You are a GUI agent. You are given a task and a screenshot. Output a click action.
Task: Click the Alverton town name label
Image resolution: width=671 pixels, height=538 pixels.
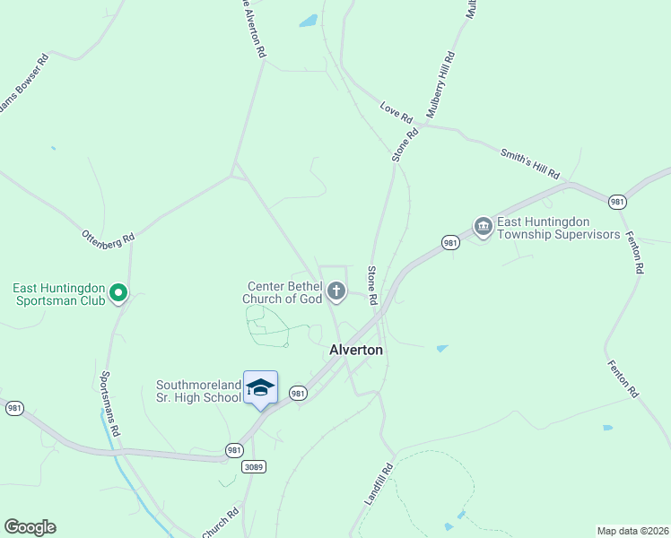tap(357, 350)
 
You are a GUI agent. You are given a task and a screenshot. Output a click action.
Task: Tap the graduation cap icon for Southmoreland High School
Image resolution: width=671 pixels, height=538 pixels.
tap(260, 387)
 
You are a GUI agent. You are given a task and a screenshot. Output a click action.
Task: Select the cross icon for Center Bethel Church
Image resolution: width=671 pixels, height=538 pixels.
tap(336, 290)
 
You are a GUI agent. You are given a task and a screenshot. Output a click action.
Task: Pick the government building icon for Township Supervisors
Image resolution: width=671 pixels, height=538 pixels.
tap(483, 225)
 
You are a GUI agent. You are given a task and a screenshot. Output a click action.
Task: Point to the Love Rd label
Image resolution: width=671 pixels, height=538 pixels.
tap(396, 114)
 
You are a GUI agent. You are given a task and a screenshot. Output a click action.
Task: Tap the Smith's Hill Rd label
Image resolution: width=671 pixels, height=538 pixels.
tap(529, 161)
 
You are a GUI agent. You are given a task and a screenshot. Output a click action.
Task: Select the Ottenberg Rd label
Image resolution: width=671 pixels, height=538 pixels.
tap(108, 238)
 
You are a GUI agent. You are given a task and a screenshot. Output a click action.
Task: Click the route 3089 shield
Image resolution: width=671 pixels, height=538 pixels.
tap(254, 466)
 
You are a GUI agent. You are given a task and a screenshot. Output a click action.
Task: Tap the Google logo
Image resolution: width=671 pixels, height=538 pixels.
tap(30, 527)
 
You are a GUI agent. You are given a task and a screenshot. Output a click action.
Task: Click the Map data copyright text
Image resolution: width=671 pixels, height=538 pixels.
tap(632, 531)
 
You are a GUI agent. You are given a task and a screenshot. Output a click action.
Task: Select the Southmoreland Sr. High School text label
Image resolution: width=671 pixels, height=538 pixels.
tap(199, 391)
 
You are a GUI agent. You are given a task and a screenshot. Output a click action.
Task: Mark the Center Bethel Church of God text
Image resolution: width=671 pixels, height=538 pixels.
tap(284, 292)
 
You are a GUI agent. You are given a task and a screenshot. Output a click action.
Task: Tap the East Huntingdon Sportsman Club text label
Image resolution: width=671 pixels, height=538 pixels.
tap(59, 294)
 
